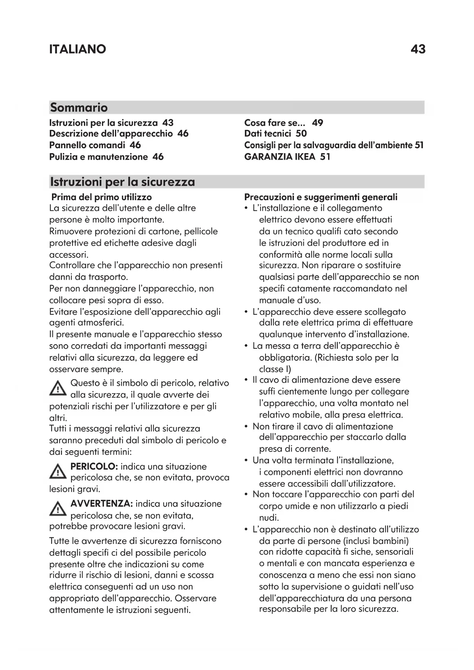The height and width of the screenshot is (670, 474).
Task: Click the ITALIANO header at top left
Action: pyautogui.click(x=78, y=49)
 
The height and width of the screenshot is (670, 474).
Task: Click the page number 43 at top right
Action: pyautogui.click(x=418, y=49)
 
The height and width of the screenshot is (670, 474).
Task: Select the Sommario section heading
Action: pyautogui.click(x=79, y=107)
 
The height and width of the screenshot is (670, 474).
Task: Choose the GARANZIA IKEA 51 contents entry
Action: pyautogui.click(x=287, y=157)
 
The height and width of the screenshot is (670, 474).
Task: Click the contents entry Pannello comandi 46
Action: pyautogui.click(x=95, y=145)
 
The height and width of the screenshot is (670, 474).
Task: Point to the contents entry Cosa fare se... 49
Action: pyautogui.click(x=283, y=123)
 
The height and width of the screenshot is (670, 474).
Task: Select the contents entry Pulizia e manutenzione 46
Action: pyautogui.click(x=106, y=157)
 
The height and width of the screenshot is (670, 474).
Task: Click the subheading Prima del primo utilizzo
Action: pyautogui.click(x=102, y=197)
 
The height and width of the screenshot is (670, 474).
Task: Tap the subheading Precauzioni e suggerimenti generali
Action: pyautogui.click(x=321, y=197)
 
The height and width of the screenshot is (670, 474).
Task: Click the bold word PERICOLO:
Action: pyautogui.click(x=94, y=466)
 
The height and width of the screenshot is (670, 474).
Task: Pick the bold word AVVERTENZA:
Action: pyautogui.click(x=102, y=504)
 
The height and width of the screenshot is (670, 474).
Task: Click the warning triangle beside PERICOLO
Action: pyautogui.click(x=58, y=472)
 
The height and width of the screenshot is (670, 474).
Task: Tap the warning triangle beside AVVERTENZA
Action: pyautogui.click(x=58, y=509)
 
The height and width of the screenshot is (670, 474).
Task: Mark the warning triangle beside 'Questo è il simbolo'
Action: pyautogui.click(x=58, y=388)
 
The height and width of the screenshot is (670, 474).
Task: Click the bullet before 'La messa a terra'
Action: pyautogui.click(x=246, y=346)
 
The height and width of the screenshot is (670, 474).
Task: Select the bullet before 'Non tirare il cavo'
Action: pyautogui.click(x=246, y=426)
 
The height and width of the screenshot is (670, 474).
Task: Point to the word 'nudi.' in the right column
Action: pyautogui.click(x=269, y=518)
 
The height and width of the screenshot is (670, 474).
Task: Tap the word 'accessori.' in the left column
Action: pyautogui.click(x=69, y=254)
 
